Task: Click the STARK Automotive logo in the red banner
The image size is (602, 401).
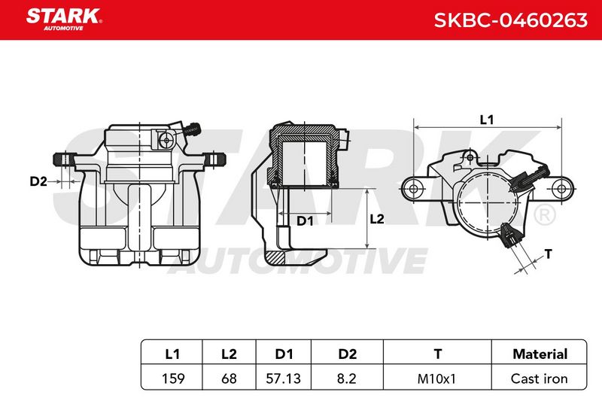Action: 64,20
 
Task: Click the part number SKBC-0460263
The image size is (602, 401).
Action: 510,20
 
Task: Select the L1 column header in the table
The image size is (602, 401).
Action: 172,354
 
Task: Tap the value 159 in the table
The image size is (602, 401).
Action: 173,378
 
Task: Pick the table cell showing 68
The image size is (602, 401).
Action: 230,378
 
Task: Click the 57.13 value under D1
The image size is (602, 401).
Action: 284,378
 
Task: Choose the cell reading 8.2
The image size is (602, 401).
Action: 347,378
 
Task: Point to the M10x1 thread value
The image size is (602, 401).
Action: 436,378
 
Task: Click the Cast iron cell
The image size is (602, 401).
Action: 539,378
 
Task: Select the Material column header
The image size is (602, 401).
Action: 540,354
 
